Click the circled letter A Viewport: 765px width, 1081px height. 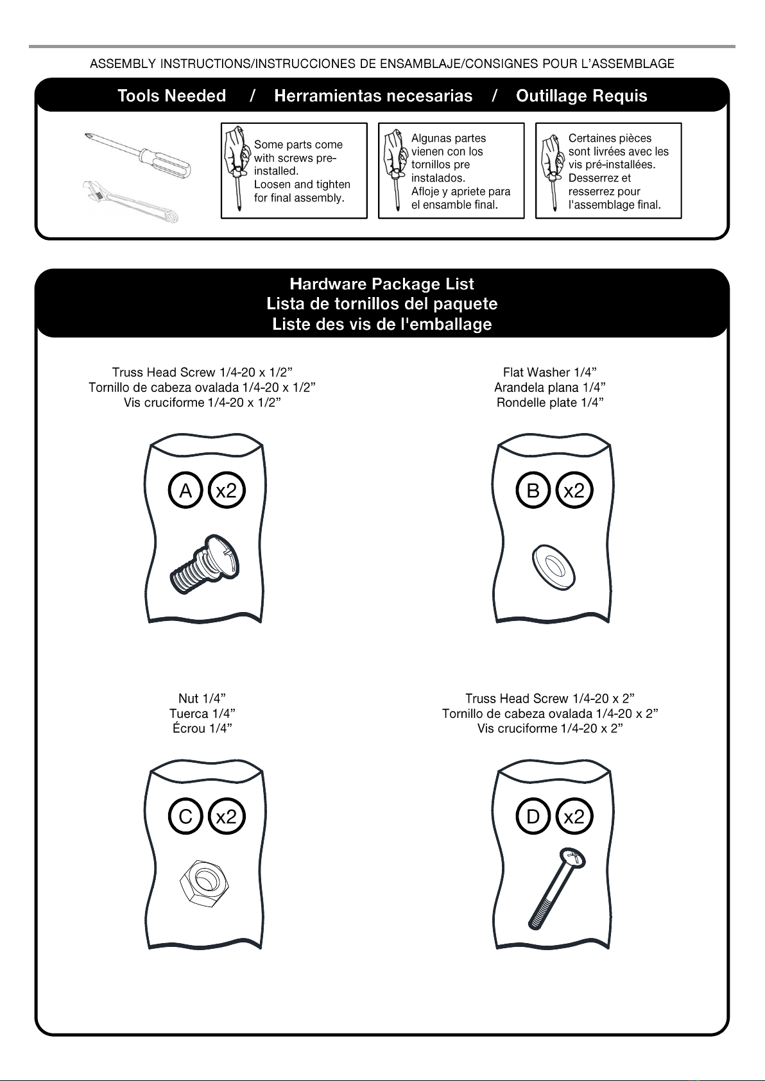point(185,490)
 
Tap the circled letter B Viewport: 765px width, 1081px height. point(533,490)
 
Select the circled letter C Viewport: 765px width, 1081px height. point(185,817)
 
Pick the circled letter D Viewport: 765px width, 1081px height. point(533,817)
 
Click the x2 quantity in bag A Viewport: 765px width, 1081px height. point(227,490)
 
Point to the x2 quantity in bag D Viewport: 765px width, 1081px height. point(574,817)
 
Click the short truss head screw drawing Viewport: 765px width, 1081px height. point(205,564)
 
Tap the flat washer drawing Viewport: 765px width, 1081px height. point(554,568)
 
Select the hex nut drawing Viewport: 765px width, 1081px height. point(204,883)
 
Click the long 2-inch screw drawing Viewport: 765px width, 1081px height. point(556,889)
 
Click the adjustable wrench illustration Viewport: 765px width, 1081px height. point(130,201)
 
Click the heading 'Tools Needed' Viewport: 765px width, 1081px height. point(172,96)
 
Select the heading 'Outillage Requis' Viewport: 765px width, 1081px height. point(581,96)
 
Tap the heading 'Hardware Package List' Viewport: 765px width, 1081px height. point(382,284)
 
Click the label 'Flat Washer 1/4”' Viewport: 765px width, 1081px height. point(550,372)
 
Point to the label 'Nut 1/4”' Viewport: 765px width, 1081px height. point(202,698)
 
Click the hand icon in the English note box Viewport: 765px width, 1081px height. point(237,168)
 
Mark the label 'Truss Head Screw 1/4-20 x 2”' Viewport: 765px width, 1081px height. point(550,698)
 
